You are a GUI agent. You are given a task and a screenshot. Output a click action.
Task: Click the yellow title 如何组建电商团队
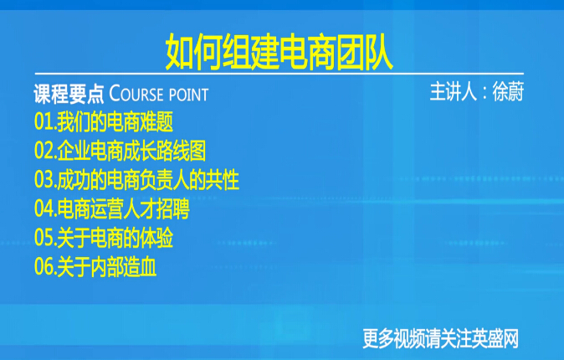click(x=279, y=53)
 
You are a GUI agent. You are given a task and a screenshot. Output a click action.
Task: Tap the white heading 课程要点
click(x=69, y=95)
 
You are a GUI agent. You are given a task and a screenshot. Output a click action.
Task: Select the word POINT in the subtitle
click(x=188, y=95)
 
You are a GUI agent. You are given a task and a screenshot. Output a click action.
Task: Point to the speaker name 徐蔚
click(x=508, y=91)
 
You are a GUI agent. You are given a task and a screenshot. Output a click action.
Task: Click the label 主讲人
click(x=454, y=91)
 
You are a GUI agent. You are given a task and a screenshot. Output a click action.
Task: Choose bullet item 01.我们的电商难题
click(x=104, y=121)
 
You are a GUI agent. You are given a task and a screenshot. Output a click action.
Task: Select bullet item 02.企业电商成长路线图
click(x=120, y=151)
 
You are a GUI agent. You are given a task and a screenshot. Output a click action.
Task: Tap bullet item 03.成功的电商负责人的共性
click(x=136, y=180)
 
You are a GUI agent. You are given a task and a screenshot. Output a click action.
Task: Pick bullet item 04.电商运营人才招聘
click(x=112, y=208)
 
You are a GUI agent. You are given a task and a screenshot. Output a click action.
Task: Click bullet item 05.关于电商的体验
click(x=104, y=238)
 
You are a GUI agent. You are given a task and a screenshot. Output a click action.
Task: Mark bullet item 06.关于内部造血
click(x=95, y=267)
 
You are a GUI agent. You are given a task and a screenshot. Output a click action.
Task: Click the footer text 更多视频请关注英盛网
click(x=441, y=338)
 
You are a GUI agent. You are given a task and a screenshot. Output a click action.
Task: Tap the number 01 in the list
click(x=44, y=121)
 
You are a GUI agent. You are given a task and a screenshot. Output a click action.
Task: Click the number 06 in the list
click(x=44, y=267)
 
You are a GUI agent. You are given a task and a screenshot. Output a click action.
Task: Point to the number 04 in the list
click(x=44, y=208)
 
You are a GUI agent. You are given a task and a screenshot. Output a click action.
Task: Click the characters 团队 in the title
click(x=365, y=53)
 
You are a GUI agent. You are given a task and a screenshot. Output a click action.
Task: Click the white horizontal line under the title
click(x=279, y=74)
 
